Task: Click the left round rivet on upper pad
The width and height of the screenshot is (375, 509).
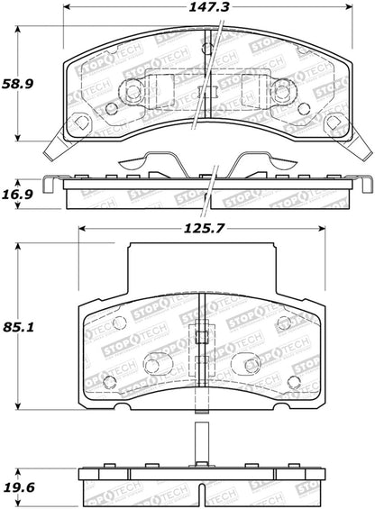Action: click(x=132, y=91)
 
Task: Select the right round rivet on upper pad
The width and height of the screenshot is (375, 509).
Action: click(x=281, y=91)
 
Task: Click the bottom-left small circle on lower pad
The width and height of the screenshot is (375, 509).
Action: click(x=109, y=382)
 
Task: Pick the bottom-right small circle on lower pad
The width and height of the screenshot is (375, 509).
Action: click(x=293, y=382)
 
